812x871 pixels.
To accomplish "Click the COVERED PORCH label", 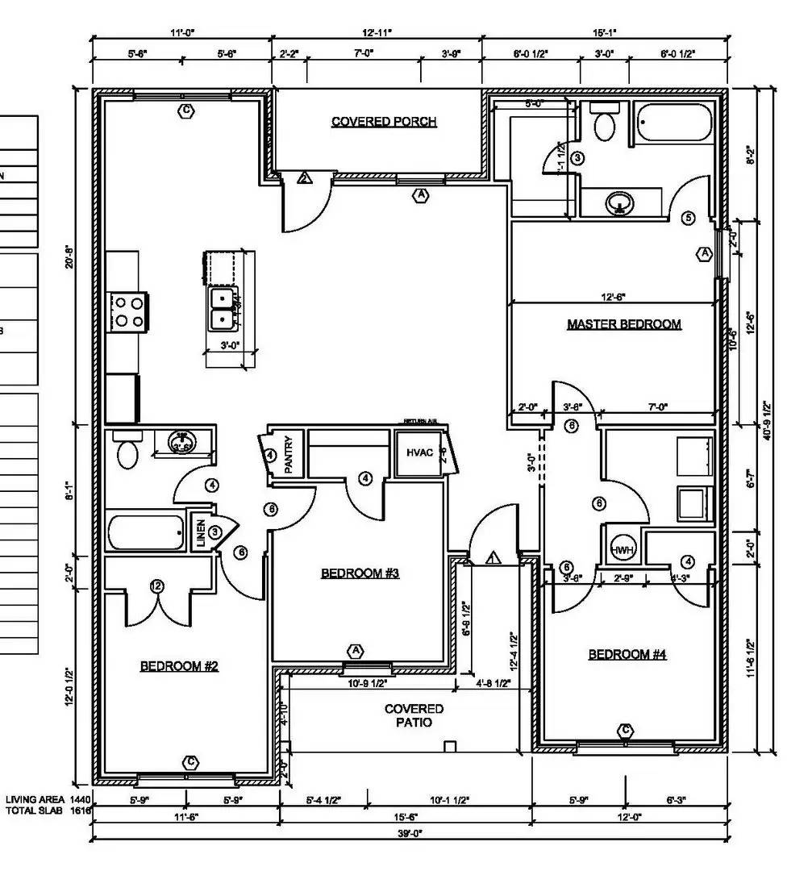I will (384, 122).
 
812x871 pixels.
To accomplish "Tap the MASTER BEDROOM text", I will (623, 324).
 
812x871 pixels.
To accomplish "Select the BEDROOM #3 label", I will (360, 573).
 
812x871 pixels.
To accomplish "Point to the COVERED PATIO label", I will (413, 715).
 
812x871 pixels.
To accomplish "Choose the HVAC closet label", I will (419, 452).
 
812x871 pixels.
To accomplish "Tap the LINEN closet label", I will (200, 533).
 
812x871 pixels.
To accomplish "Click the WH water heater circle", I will (621, 550).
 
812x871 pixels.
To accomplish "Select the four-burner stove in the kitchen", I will (128, 311).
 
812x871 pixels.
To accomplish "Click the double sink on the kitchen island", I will (221, 309).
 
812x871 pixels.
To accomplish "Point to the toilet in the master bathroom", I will (604, 125).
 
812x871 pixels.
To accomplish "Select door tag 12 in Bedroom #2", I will (156, 586).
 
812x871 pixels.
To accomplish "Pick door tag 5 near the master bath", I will (688, 218).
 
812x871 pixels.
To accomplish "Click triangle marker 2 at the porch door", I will (304, 178).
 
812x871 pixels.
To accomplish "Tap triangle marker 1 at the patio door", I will (493, 557).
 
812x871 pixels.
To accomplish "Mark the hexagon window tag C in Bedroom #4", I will (625, 731).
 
